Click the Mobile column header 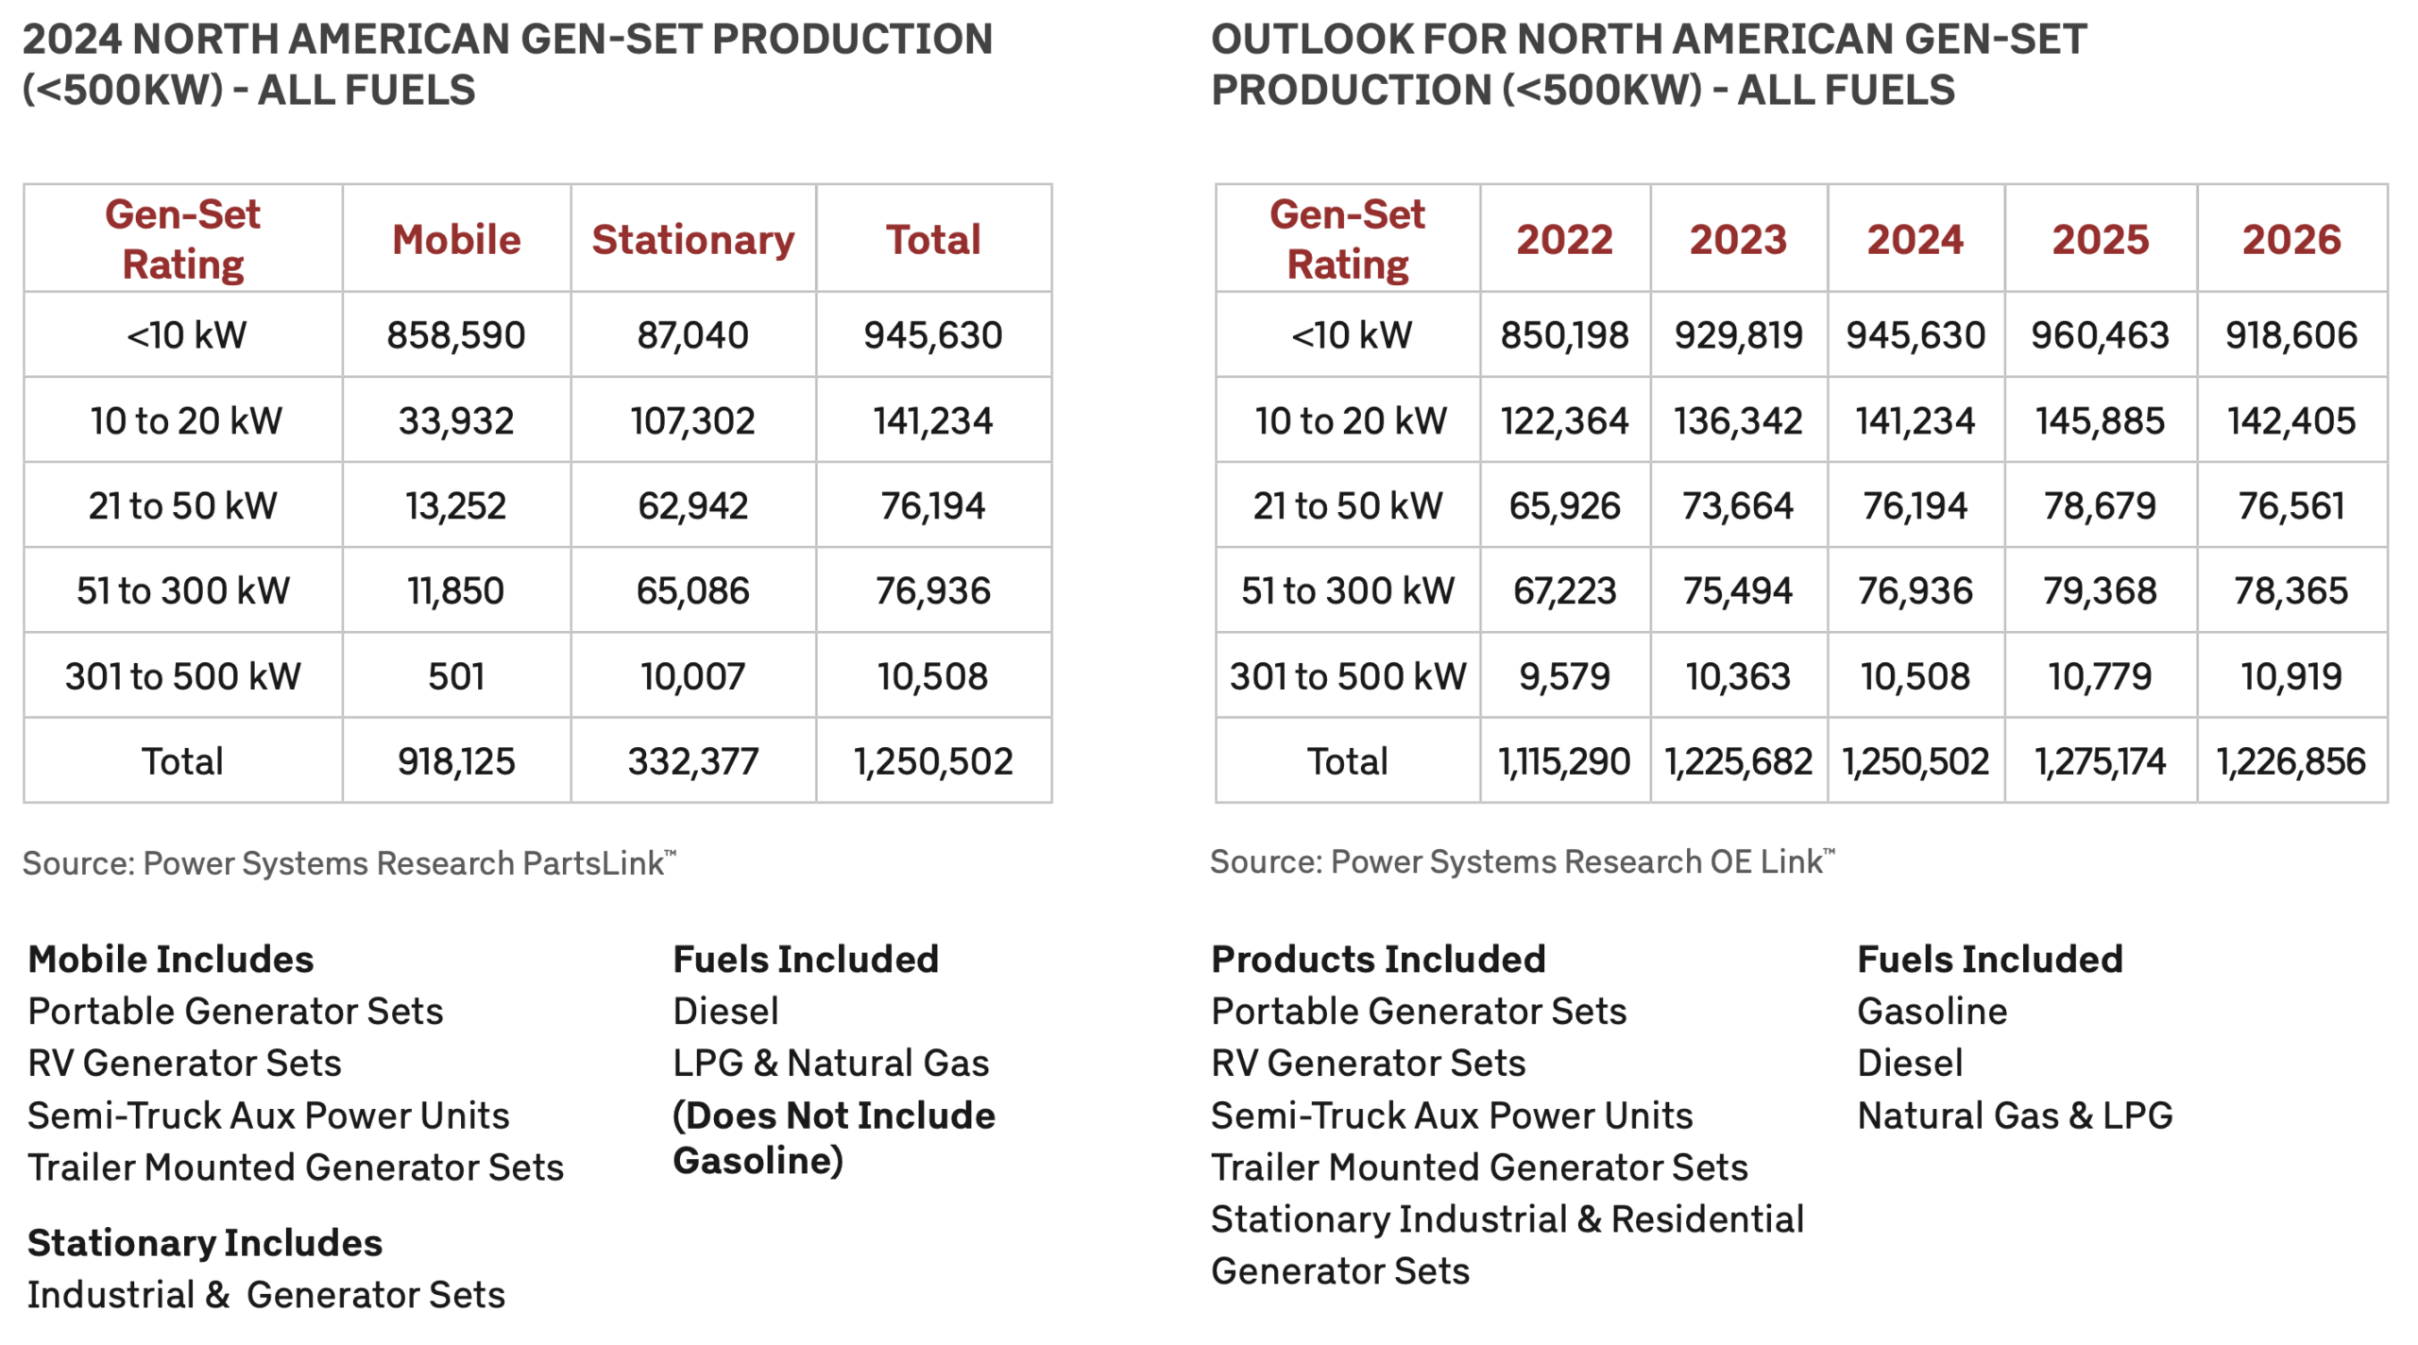click(x=456, y=240)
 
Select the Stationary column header click(x=692, y=240)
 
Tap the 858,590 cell click(x=456, y=335)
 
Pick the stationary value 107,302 click(x=692, y=420)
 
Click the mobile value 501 click(x=456, y=676)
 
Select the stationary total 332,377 click(x=692, y=761)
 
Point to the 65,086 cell click(x=692, y=591)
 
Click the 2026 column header click(x=2291, y=240)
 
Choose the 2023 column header click(x=1738, y=240)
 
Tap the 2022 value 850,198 click(x=1564, y=335)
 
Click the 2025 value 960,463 click(x=2100, y=335)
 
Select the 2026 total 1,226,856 click(x=2291, y=761)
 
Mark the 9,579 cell click(x=1564, y=676)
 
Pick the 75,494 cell click(x=1738, y=591)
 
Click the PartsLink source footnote click(x=349, y=863)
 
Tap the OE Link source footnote click(x=1522, y=861)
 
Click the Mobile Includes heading click(x=171, y=960)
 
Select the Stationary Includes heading click(x=205, y=1243)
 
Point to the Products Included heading click(x=1378, y=960)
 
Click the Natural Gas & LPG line click(x=2015, y=1115)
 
